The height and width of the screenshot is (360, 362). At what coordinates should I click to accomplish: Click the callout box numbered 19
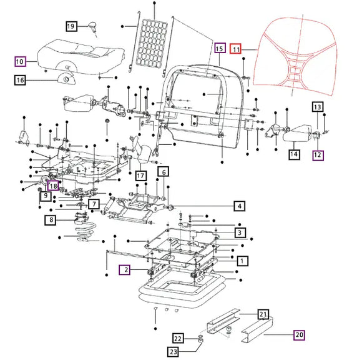[71, 26]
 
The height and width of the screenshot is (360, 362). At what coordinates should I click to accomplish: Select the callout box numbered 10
[20, 61]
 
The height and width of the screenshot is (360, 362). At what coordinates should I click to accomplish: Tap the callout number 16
[20, 79]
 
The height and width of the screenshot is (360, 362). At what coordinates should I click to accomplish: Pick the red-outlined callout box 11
[236, 49]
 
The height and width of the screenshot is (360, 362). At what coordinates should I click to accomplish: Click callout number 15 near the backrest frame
[218, 48]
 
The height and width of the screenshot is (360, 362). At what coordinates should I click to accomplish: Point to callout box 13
[318, 107]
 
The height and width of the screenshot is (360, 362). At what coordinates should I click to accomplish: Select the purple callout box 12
[318, 154]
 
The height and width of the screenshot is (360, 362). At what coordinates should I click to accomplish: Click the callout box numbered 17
[140, 176]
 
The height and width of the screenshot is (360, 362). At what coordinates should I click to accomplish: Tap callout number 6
[163, 172]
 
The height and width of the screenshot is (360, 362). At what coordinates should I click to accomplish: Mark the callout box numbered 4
[239, 206]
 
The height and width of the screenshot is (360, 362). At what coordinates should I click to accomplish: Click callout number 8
[51, 220]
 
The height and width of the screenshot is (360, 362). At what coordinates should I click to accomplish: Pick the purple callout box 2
[125, 270]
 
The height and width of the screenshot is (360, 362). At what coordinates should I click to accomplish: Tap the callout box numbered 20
[299, 335]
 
